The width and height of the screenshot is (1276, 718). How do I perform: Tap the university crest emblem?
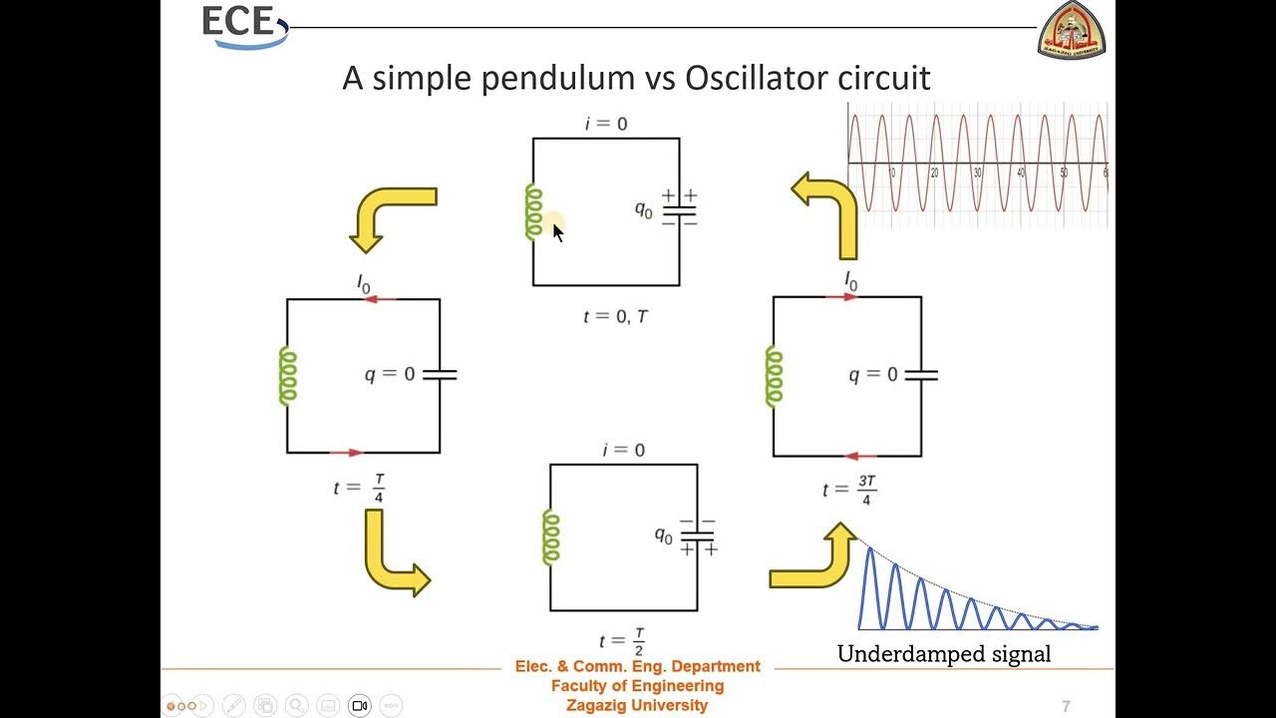[1072, 30]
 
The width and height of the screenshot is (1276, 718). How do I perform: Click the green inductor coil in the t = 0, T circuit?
[533, 212]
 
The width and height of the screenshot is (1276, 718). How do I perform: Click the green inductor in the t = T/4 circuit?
[287, 375]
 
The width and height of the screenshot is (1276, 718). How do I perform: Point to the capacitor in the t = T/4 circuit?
[440, 375]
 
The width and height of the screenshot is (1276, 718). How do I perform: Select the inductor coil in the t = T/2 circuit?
[550, 537]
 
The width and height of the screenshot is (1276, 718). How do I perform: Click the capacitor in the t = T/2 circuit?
[697, 536]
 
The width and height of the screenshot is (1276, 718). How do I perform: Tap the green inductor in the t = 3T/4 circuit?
[774, 376]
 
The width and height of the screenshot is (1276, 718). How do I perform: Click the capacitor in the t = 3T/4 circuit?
[920, 376]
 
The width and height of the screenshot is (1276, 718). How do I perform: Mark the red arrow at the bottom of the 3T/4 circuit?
[859, 457]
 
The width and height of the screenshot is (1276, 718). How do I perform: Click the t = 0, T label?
[616, 316]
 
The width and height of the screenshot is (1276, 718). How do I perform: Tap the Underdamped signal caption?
[943, 654]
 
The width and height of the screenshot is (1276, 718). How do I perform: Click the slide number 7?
[1066, 706]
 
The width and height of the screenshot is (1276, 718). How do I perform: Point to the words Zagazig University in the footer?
[636, 705]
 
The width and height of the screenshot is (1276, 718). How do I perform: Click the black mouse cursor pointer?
[557, 232]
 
